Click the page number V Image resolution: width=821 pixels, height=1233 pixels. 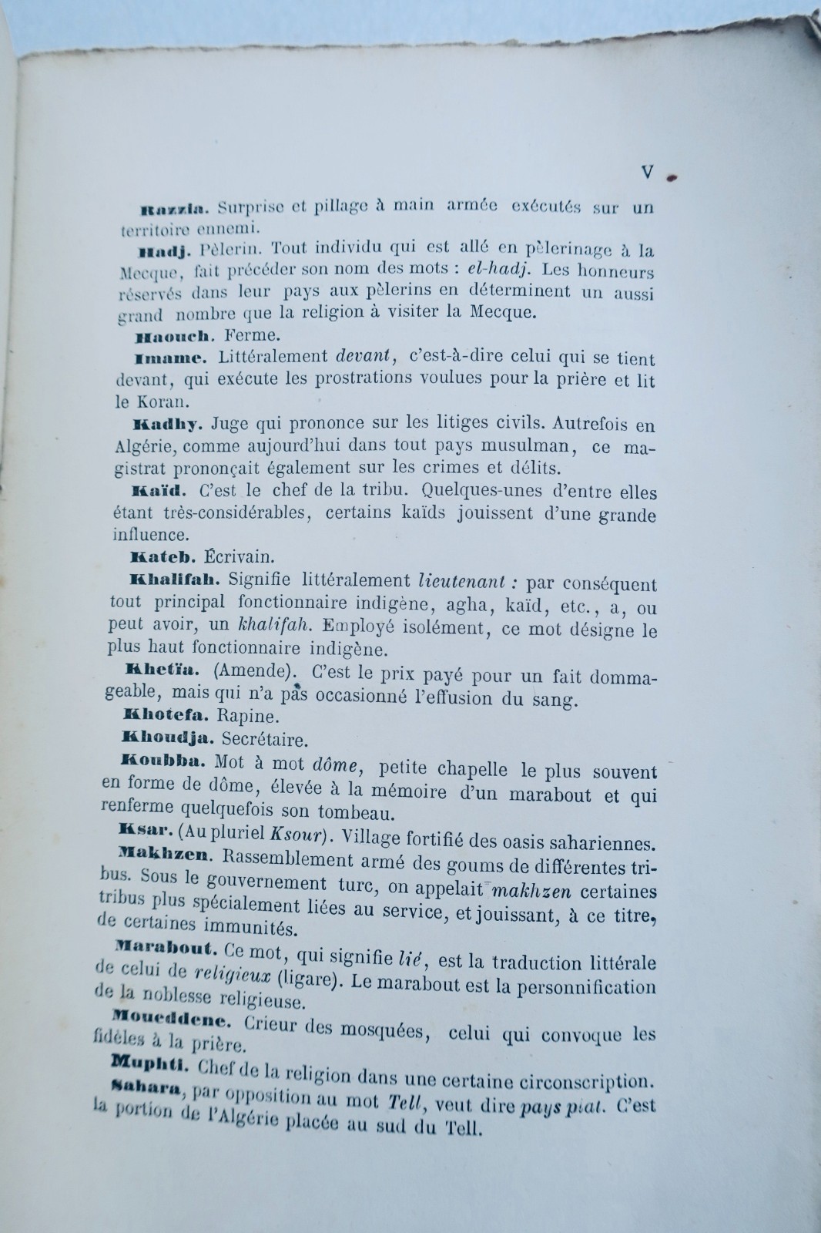point(647,173)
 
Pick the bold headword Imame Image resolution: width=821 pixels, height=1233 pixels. point(170,358)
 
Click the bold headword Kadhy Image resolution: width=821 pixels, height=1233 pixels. point(167,424)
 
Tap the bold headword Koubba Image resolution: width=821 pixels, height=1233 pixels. point(159,760)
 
